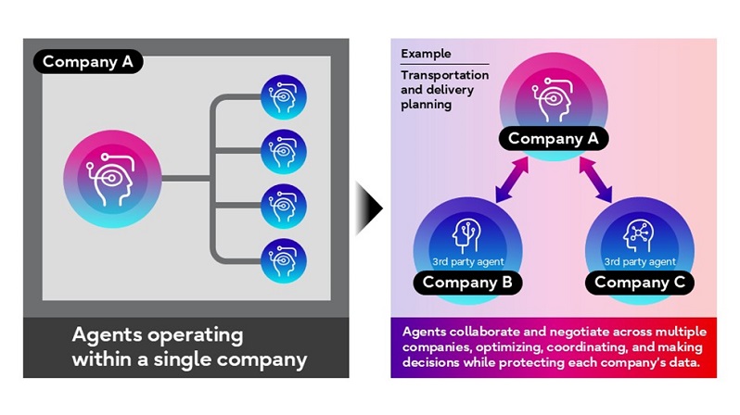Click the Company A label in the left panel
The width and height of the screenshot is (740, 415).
89,62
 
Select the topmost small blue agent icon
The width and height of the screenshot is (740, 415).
283,96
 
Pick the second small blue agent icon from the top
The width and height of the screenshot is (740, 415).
283,149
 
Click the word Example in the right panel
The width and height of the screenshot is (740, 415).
423,56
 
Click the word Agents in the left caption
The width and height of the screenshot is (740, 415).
110,335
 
